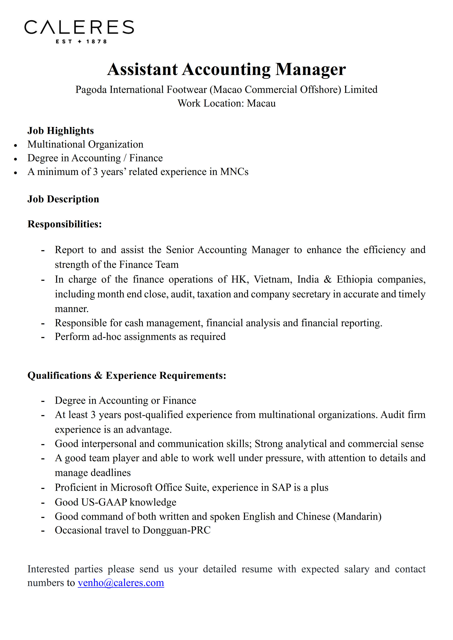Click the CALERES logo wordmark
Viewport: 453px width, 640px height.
[79, 27]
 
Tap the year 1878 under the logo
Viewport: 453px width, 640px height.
[97, 42]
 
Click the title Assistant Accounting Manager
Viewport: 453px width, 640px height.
[226, 69]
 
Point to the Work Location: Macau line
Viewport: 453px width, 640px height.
[226, 103]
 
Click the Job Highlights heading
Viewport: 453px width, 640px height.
[61, 131]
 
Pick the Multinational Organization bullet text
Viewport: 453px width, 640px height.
[85, 144]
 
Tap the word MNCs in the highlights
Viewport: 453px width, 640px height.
[234, 172]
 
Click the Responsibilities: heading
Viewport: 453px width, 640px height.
[64, 224]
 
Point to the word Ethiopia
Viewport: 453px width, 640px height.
[354, 279]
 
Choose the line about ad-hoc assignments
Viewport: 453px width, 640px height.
[140, 337]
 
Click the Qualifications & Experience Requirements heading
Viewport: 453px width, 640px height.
[127, 375]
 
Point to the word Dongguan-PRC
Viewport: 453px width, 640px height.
[177, 530]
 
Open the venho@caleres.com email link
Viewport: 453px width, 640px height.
[121, 583]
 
